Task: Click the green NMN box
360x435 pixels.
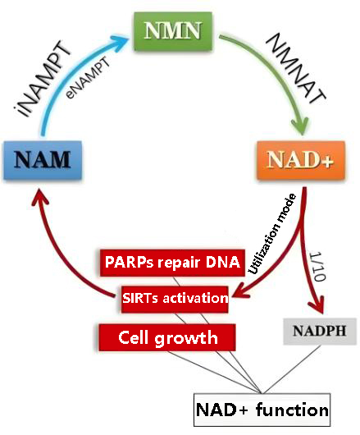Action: tap(173, 31)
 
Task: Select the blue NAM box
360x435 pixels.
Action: tap(43, 160)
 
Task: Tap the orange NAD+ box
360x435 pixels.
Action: tap(301, 160)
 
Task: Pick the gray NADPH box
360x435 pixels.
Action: tap(320, 332)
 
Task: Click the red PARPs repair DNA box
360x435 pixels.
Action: tap(172, 263)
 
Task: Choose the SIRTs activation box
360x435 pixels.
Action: tap(175, 299)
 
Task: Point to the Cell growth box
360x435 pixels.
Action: tap(167, 337)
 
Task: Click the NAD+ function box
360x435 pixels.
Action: tap(262, 410)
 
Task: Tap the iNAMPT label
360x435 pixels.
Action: tap(43, 79)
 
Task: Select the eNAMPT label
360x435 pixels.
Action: tap(87, 78)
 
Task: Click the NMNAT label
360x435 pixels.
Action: tap(295, 68)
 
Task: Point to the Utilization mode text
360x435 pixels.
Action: tap(272, 234)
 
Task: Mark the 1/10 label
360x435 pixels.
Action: tap(317, 266)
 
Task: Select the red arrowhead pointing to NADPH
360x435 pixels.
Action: tap(317, 304)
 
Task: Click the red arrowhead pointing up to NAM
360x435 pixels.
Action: tap(40, 197)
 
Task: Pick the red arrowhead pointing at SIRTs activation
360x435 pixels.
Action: tap(240, 293)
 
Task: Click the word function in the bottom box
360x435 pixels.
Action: tap(293, 410)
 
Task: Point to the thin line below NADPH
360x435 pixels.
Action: tap(291, 369)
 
